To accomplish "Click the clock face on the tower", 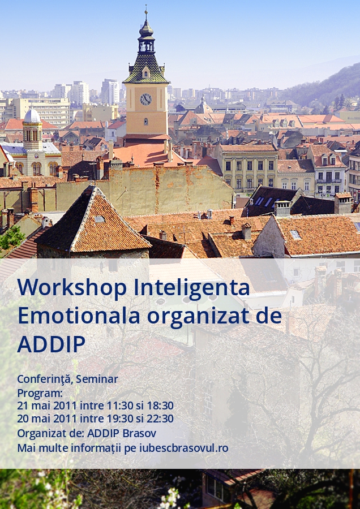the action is [146, 100].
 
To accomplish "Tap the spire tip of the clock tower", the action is [146, 6].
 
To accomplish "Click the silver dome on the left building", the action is [32, 116].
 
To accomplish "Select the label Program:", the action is [40, 393].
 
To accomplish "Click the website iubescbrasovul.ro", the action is [183, 448].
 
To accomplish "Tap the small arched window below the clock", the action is [146, 122].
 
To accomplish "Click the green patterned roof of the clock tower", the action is [146, 69].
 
